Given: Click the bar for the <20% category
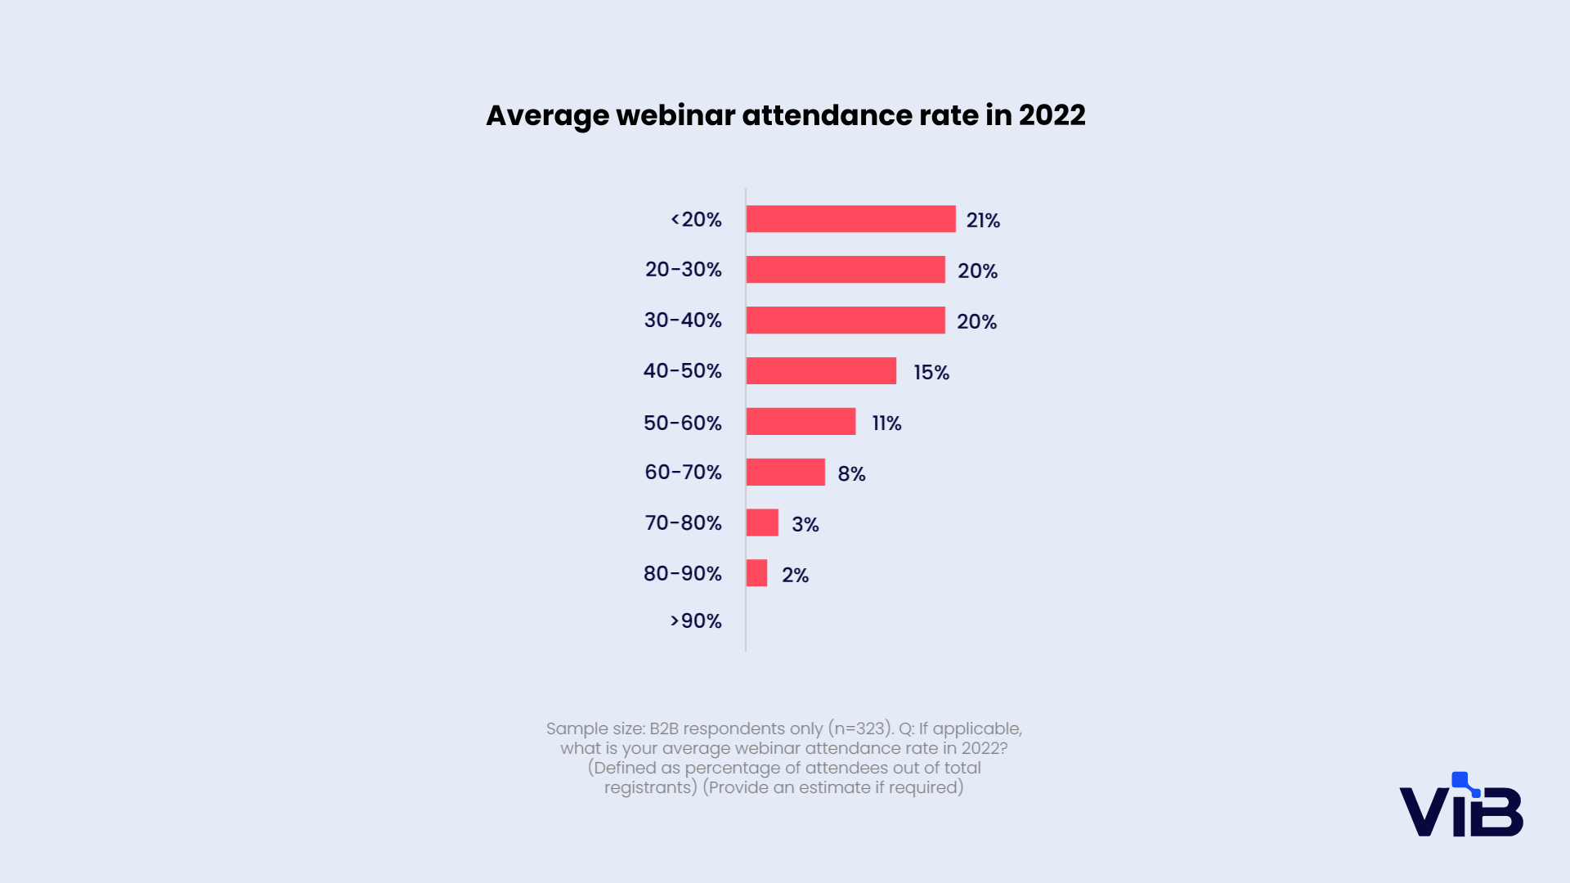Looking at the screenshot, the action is click(850, 219).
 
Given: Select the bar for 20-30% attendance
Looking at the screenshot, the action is click(846, 270).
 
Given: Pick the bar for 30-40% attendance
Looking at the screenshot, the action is click(846, 320).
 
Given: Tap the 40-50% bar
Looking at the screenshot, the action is click(821, 371).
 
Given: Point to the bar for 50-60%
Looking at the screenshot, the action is click(801, 422).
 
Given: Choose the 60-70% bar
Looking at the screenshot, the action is click(785, 473).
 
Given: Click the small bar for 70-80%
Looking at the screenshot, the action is click(762, 523).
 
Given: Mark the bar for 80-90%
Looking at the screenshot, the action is click(756, 573).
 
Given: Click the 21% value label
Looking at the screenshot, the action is click(983, 221).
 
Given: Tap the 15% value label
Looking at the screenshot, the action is click(931, 373).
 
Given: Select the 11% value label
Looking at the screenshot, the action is click(886, 424).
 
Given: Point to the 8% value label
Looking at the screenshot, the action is click(851, 474).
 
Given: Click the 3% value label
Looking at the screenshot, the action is click(805, 525).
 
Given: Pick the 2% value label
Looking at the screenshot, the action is click(795, 576).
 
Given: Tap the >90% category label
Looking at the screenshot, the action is click(696, 621).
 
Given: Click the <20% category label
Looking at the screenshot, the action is click(696, 220).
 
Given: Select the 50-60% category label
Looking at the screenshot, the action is click(683, 424).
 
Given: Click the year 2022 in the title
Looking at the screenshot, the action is click(1052, 115).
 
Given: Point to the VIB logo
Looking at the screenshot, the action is click(1461, 805).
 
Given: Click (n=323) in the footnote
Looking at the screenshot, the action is click(861, 728).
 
